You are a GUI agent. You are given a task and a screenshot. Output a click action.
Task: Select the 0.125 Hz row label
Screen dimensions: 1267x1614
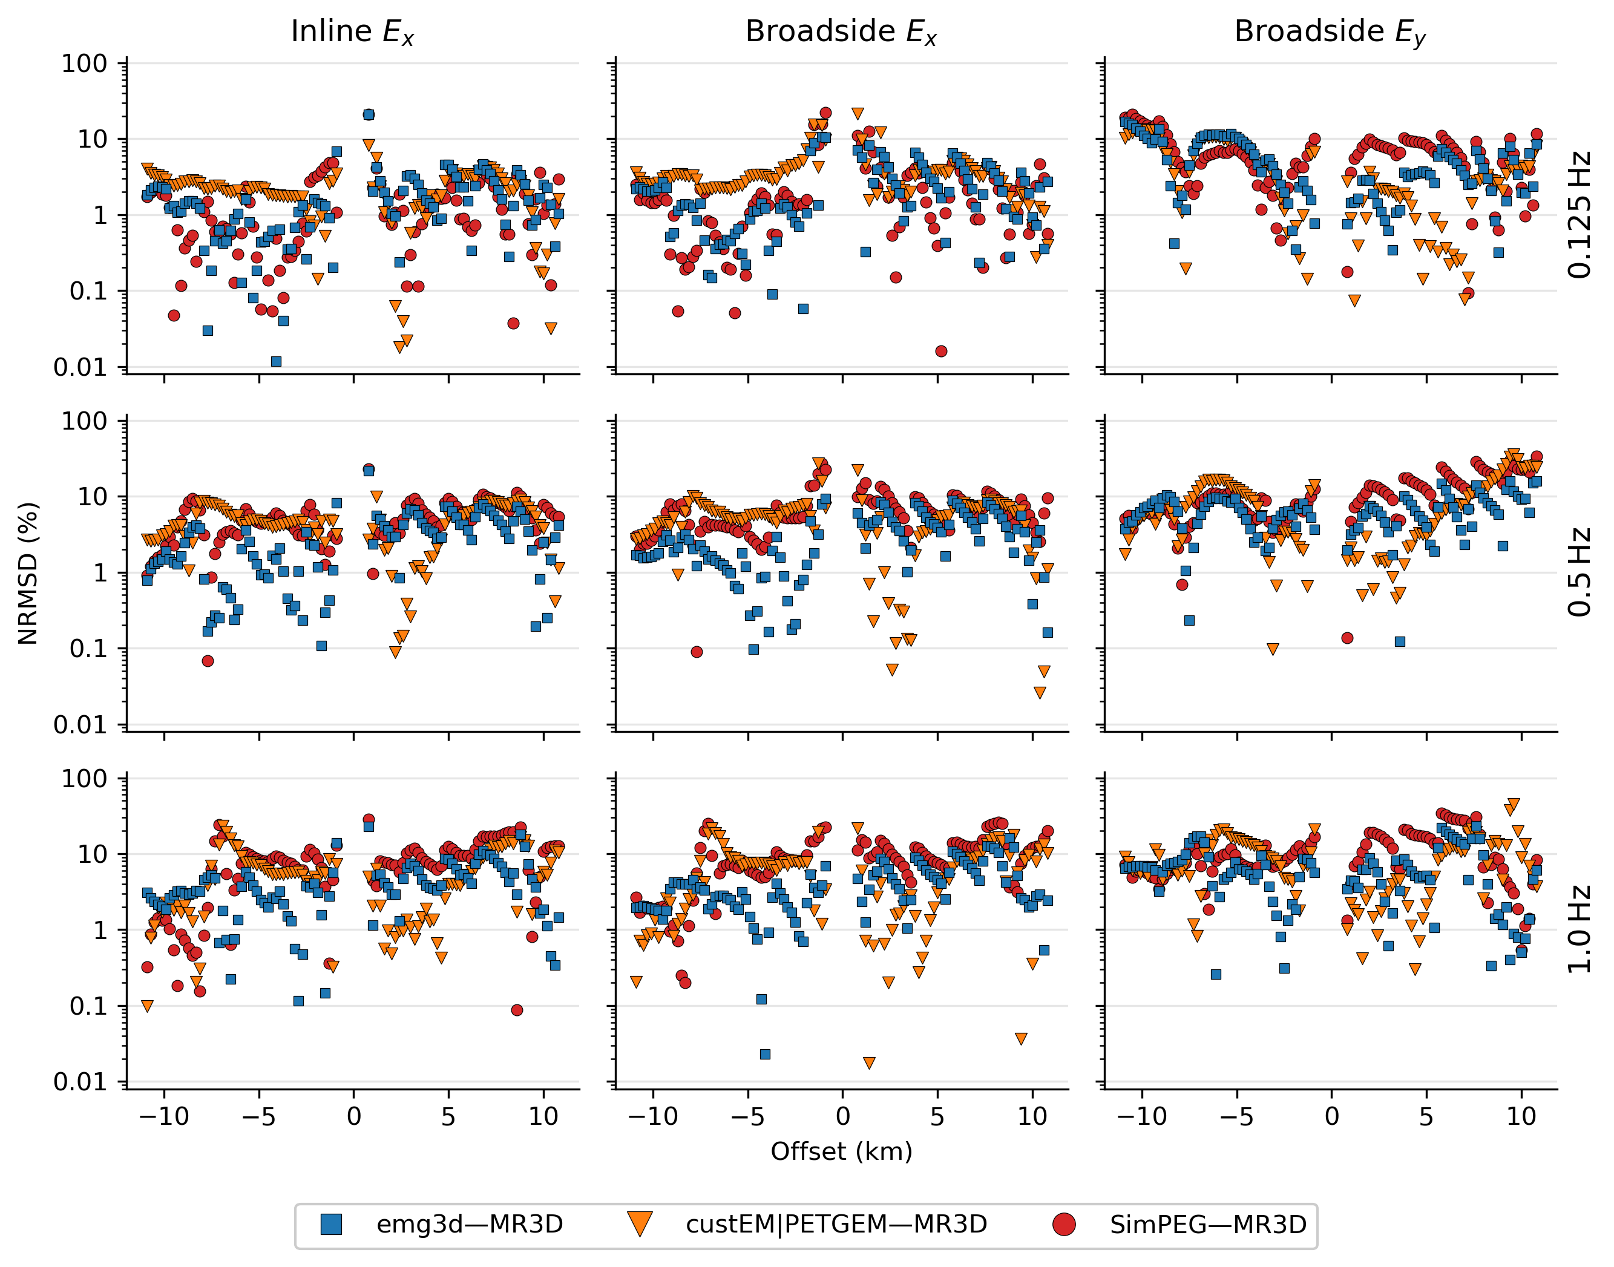(x=1580, y=215)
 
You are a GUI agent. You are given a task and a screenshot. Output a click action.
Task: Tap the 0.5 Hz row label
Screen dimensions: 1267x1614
(x=1580, y=572)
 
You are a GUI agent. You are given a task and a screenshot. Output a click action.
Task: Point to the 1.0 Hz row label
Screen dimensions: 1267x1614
(x=1580, y=929)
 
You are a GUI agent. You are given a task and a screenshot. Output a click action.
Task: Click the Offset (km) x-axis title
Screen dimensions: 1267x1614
(x=841, y=1152)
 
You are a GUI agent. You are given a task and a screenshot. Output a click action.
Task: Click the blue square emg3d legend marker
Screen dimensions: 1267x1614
(x=331, y=1225)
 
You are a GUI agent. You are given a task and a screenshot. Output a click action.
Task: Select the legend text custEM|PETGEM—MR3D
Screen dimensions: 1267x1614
(x=836, y=1225)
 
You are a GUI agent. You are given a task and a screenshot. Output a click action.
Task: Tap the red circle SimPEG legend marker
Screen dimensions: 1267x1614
(x=1064, y=1225)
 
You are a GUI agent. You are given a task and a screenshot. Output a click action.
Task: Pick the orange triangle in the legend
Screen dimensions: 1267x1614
(x=640, y=1225)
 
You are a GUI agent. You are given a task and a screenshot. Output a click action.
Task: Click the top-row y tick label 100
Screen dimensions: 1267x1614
(x=84, y=64)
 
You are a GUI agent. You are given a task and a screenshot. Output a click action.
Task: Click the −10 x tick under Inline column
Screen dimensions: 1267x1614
(x=164, y=1116)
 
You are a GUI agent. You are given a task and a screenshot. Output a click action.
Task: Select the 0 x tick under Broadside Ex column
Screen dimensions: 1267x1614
(x=842, y=1116)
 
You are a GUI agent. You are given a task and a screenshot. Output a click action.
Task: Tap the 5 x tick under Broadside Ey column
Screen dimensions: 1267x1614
(x=1426, y=1116)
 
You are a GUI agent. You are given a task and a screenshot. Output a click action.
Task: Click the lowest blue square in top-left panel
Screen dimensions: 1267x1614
(x=276, y=362)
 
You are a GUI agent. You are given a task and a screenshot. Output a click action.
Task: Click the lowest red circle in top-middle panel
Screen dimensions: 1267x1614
(x=940, y=352)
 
